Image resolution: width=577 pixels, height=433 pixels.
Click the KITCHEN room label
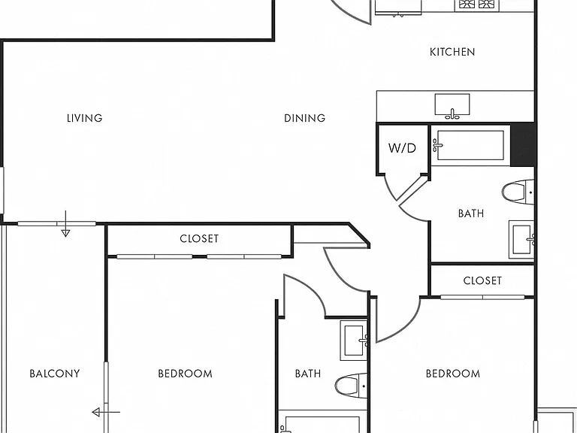pyautogui.click(x=452, y=52)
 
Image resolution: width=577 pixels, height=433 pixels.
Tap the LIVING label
pyautogui.click(x=85, y=118)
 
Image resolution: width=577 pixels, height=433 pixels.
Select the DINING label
pyautogui.click(x=305, y=118)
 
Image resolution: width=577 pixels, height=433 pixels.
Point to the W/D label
pyautogui.click(x=402, y=148)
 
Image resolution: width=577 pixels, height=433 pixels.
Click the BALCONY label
pyautogui.click(x=55, y=374)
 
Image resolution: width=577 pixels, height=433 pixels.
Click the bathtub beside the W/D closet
pyautogui.click(x=469, y=145)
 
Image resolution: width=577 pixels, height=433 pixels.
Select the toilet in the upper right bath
pyautogui.click(x=518, y=192)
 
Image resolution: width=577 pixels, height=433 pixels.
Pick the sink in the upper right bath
pyautogui.click(x=521, y=240)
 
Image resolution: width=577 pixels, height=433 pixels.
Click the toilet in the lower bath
pyautogui.click(x=351, y=386)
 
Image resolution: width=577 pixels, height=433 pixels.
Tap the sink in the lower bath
pyautogui.click(x=354, y=341)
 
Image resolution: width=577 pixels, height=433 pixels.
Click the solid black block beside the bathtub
pyautogui.click(x=523, y=144)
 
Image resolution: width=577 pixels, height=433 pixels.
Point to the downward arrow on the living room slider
pyautogui.click(x=65, y=224)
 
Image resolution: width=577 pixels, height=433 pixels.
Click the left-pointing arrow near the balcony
pyautogui.click(x=106, y=413)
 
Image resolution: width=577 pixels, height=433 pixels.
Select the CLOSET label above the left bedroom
pyautogui.click(x=199, y=238)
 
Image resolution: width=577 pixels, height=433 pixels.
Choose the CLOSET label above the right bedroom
pyautogui.click(x=482, y=281)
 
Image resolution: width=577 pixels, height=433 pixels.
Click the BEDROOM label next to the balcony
pyautogui.click(x=185, y=374)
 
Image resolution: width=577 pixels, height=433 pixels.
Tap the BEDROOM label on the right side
pyautogui.click(x=453, y=374)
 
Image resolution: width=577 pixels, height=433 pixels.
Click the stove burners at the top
pyautogui.click(x=477, y=4)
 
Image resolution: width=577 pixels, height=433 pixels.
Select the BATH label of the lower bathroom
pyautogui.click(x=308, y=374)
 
